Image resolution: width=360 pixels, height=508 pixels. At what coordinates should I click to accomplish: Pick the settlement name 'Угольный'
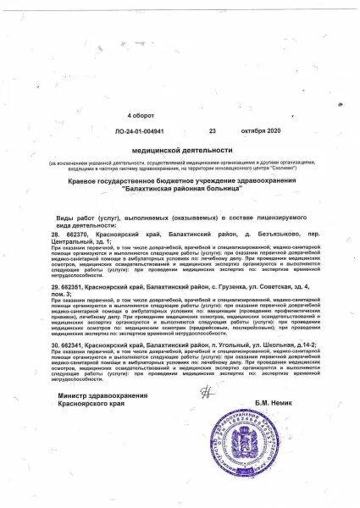(x=230, y=345)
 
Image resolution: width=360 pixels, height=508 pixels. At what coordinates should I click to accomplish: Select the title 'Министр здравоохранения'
(x=102, y=419)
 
